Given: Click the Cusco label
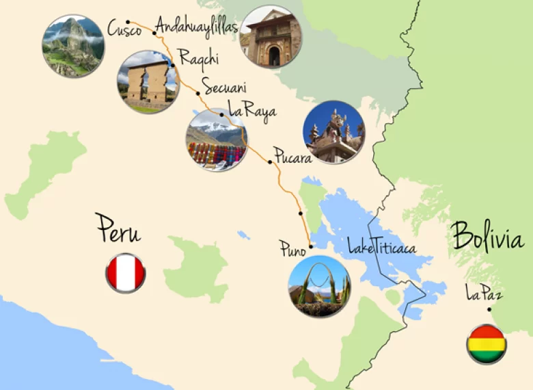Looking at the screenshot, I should point(124,29).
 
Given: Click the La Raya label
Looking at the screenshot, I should point(252,108).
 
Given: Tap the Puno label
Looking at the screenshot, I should point(292,248).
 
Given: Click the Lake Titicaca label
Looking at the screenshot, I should point(381,246).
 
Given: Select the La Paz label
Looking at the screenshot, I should point(484,295).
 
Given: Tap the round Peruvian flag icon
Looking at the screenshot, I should point(125,273).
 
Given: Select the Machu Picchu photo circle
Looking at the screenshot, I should point(73,46).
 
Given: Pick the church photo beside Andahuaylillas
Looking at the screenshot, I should point(271,37).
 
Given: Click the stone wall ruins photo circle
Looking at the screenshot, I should point(148,81).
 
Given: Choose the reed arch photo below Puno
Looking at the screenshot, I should point(319,286).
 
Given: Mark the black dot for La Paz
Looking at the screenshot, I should point(489,309).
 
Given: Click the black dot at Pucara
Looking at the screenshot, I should point(270,161).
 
